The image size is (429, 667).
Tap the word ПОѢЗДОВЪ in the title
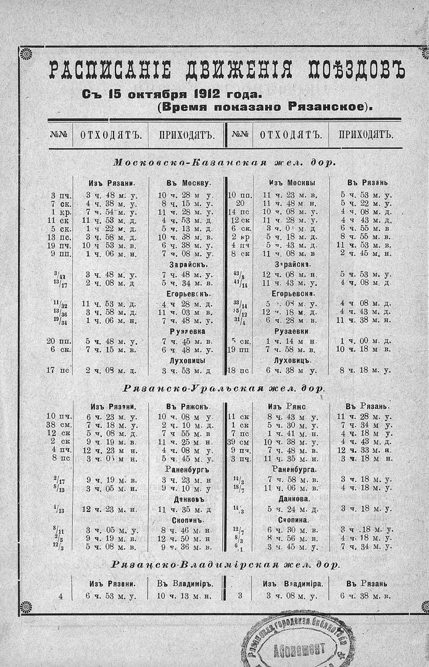[348, 69]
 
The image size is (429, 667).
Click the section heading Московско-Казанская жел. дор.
[225, 163]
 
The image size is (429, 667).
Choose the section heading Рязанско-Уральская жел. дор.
[225, 388]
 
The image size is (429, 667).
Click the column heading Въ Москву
[188, 183]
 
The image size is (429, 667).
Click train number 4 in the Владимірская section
[60, 596]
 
